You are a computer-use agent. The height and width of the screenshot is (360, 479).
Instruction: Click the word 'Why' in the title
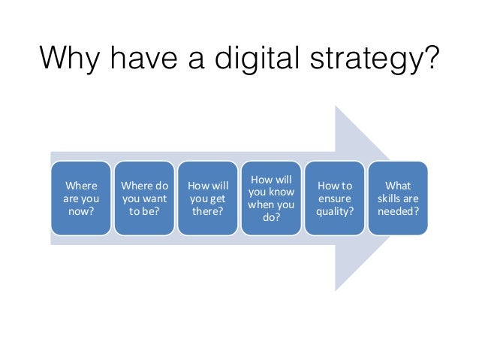tap(69, 59)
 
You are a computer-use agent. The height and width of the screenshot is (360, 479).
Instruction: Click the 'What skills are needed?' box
tap(399, 197)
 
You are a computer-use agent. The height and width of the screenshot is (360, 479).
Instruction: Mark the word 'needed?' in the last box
tap(399, 211)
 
